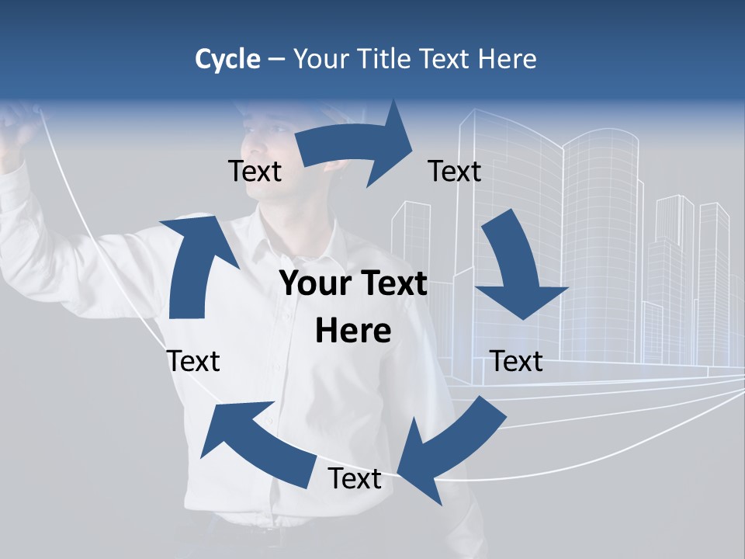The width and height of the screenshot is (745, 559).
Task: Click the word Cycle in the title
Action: [227, 59]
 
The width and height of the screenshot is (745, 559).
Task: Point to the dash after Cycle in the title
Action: [276, 60]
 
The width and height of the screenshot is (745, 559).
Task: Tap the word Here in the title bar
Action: [509, 59]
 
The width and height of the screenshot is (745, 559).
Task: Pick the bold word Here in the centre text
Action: [353, 331]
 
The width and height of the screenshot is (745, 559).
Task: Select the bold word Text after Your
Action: [392, 284]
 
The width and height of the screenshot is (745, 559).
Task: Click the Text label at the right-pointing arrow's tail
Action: [255, 171]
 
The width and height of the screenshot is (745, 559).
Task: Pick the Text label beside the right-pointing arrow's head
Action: [455, 171]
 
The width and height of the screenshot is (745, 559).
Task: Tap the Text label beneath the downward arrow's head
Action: [517, 361]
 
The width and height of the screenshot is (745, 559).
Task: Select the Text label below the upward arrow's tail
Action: [194, 361]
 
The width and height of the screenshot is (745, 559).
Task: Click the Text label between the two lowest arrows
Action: [355, 479]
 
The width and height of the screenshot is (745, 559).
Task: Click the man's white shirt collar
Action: [299, 233]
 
